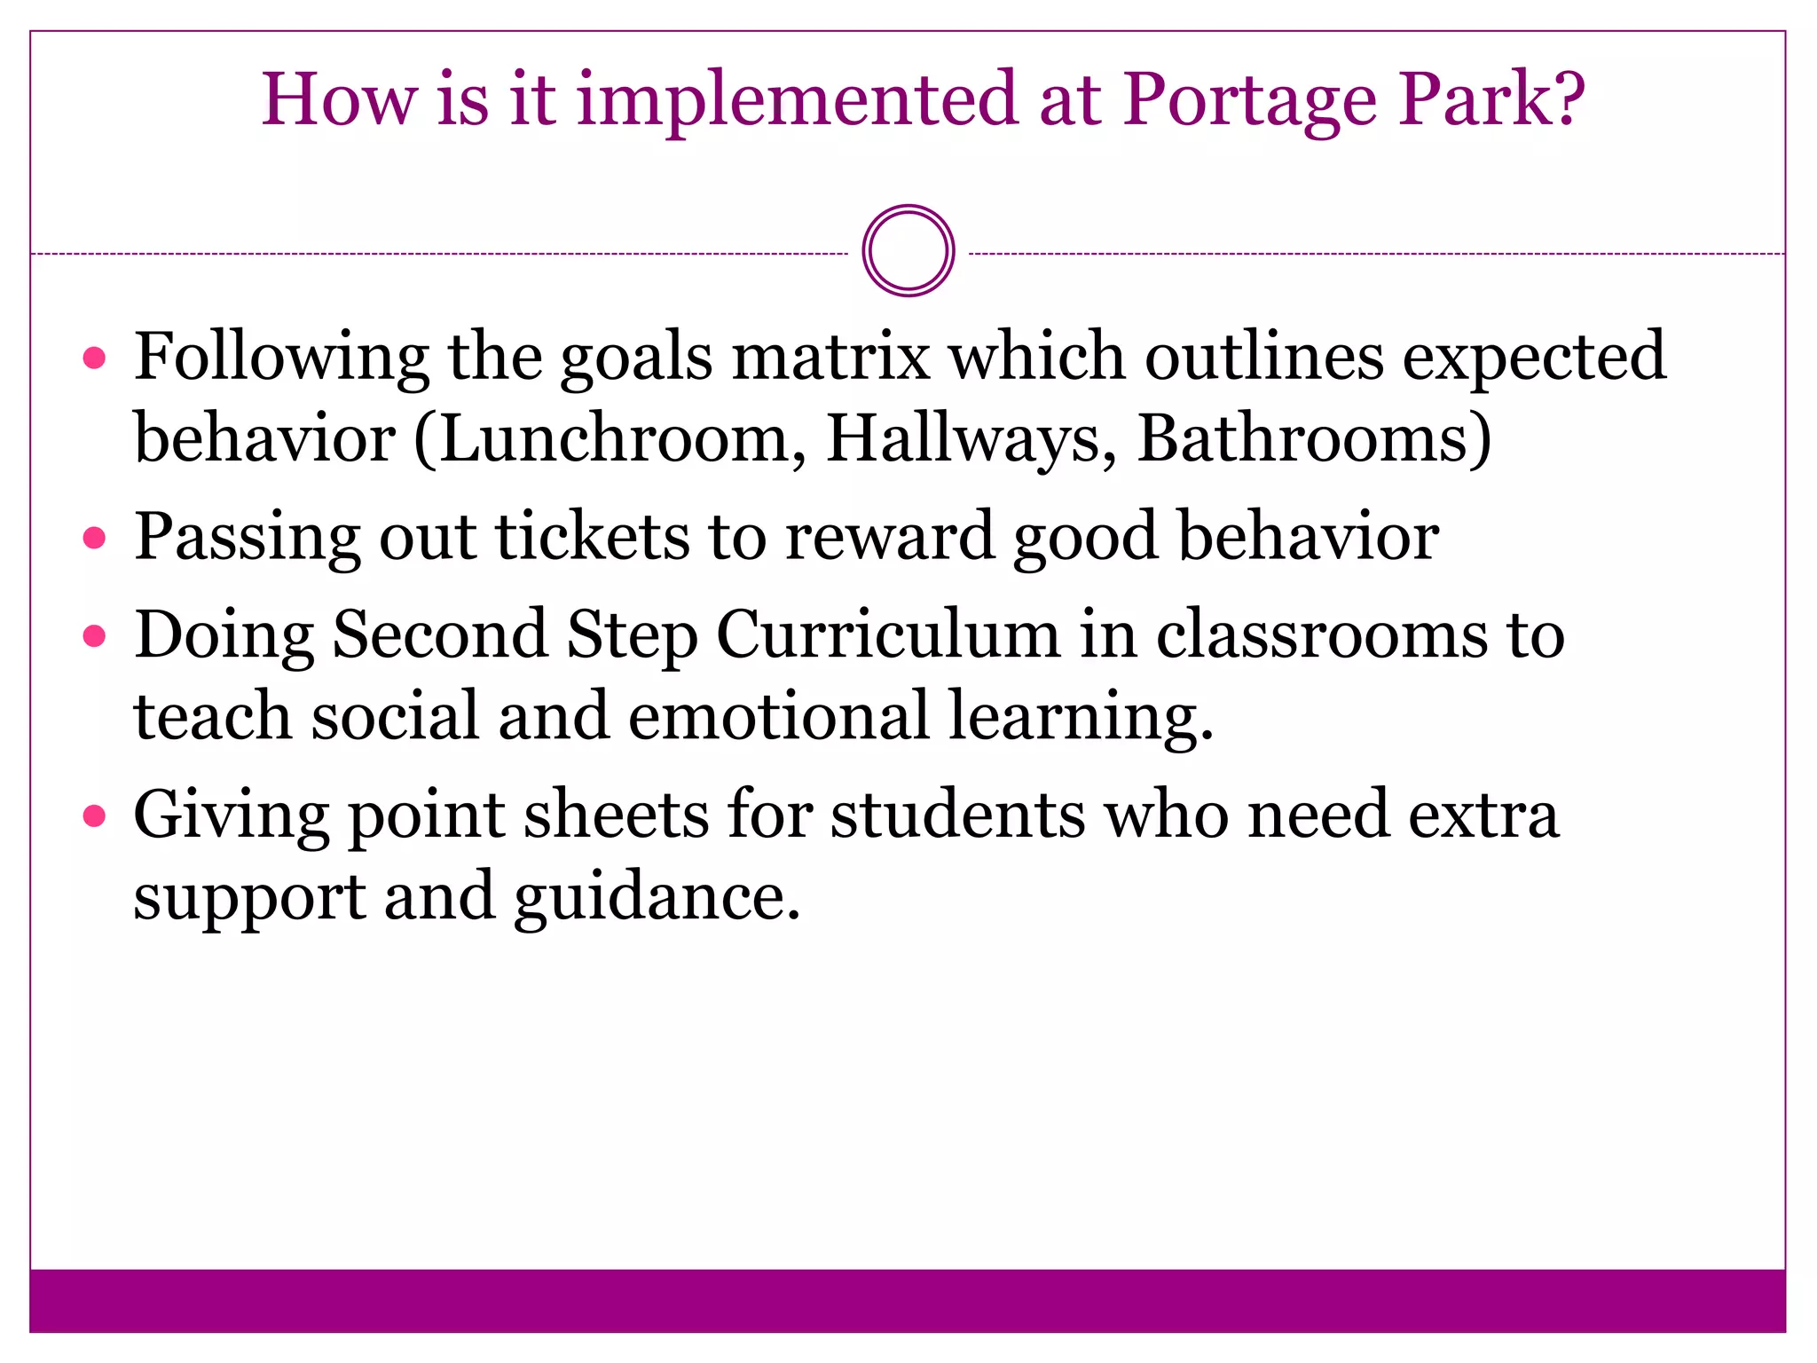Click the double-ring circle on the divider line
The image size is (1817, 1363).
[x=908, y=251]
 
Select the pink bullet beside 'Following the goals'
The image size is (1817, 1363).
[x=94, y=358]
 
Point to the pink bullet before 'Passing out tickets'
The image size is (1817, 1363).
[x=94, y=538]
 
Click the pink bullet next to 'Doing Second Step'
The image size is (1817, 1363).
[x=94, y=635]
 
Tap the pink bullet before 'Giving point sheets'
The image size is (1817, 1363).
[x=94, y=815]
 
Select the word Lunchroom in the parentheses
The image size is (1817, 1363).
[x=612, y=438]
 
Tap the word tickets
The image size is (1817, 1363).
[x=592, y=537]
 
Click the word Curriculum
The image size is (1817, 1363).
[x=888, y=635]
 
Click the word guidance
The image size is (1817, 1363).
[x=657, y=897]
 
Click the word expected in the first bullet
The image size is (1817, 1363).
[x=1534, y=357]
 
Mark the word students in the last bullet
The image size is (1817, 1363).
[x=957, y=815]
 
